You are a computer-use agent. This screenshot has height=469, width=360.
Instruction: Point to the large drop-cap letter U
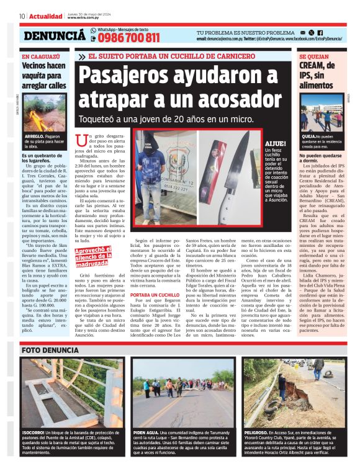pos(79,140)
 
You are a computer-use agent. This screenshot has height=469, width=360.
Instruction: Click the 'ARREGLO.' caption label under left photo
pos(34,135)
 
